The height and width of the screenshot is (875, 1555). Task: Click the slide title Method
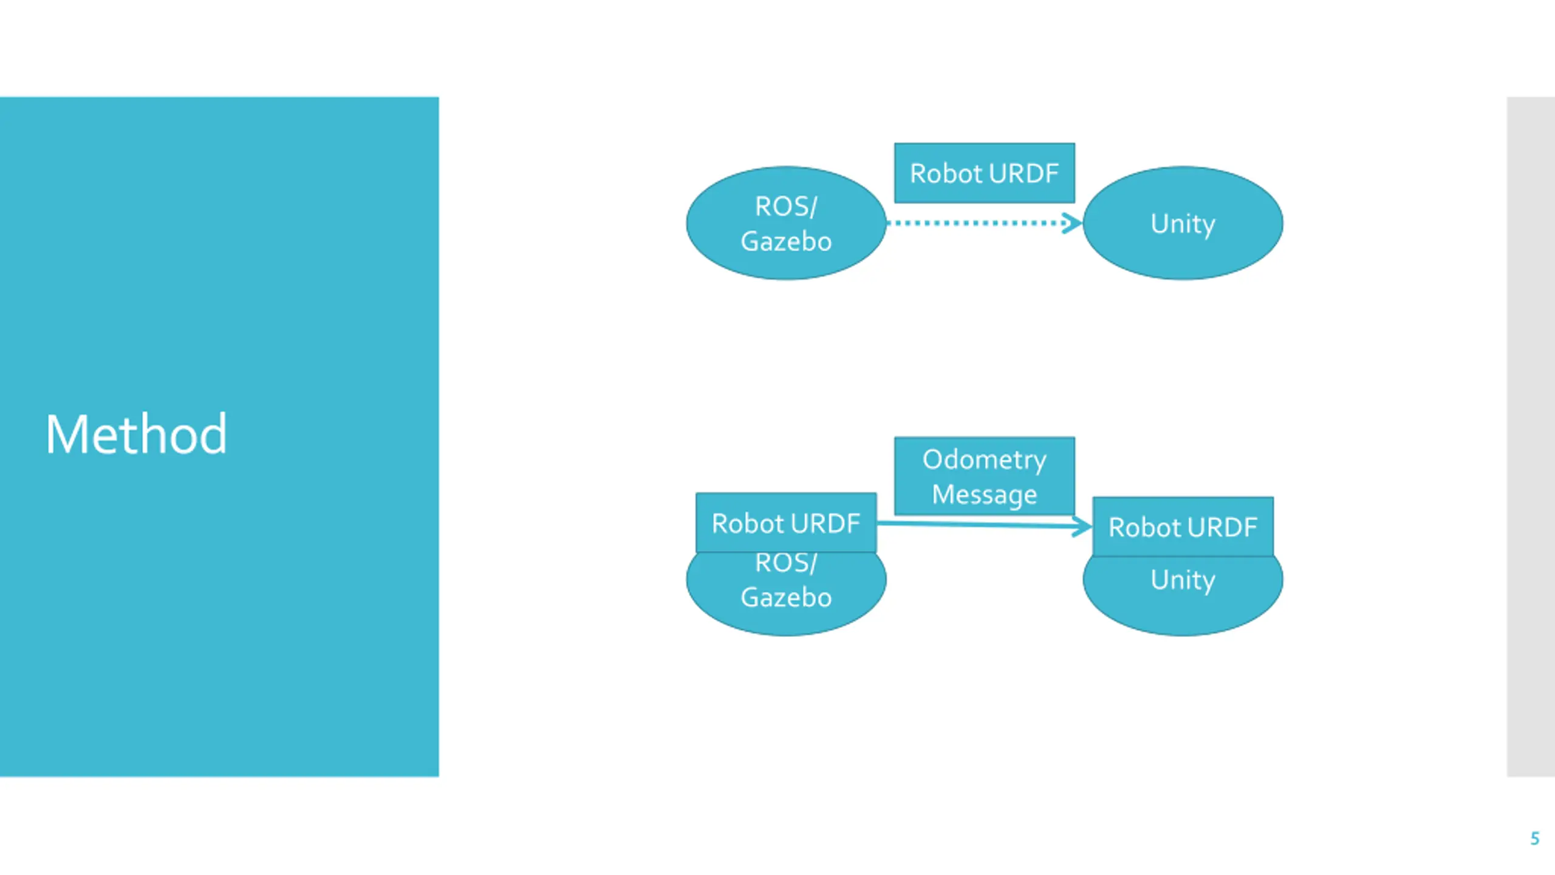click(x=136, y=434)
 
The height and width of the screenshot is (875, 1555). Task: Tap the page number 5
click(x=1534, y=839)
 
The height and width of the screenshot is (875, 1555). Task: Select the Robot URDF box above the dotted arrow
click(x=984, y=173)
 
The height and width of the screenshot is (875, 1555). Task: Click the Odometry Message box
click(x=984, y=476)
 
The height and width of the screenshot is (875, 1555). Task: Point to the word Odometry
click(x=984, y=460)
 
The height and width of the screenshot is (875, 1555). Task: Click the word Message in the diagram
click(x=984, y=495)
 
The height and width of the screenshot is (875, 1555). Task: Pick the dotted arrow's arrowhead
click(x=1072, y=223)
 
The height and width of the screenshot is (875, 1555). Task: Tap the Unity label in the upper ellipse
click(x=1183, y=224)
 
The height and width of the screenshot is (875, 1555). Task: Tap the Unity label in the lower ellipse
click(x=1183, y=580)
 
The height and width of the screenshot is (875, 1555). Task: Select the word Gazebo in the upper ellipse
click(x=786, y=241)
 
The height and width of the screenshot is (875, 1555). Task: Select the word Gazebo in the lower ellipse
click(x=786, y=597)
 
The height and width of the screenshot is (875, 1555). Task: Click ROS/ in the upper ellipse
click(x=786, y=207)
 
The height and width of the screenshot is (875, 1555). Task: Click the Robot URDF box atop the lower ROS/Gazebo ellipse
click(x=786, y=523)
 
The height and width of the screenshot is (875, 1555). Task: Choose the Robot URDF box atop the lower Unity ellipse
click(x=1183, y=527)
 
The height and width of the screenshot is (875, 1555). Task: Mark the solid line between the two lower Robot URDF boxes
click(x=984, y=524)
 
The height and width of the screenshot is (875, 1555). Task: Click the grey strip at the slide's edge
click(x=1531, y=436)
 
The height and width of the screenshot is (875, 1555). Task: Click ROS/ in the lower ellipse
click(x=786, y=563)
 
